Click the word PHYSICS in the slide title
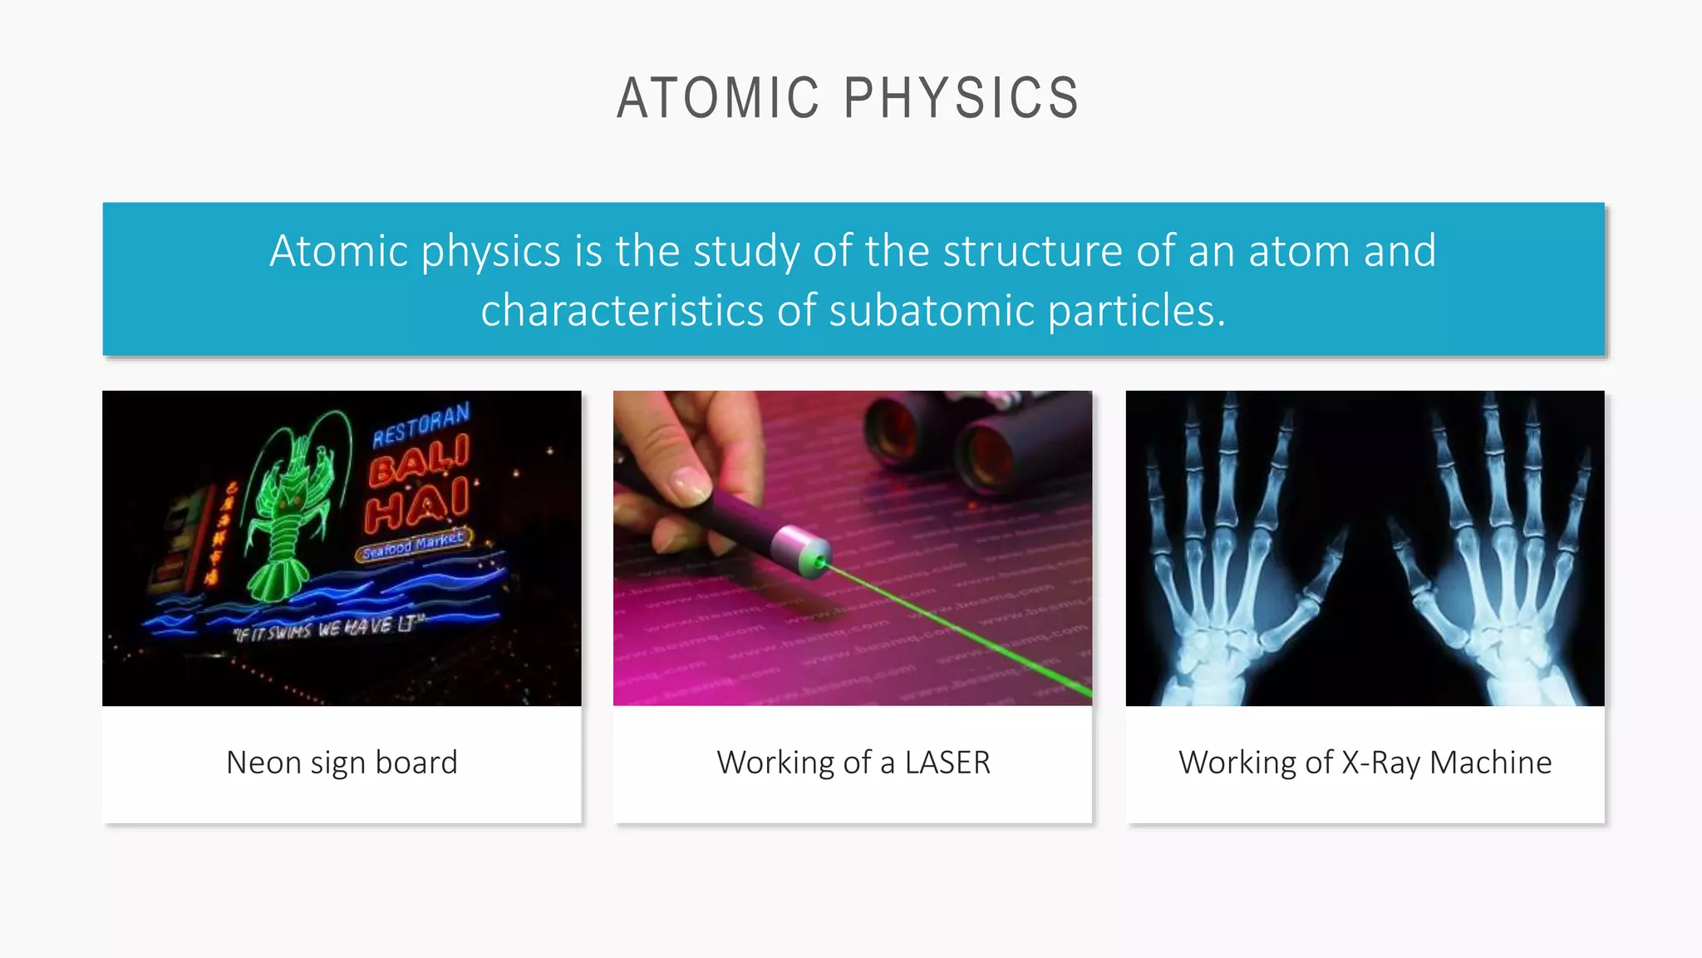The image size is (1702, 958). click(962, 98)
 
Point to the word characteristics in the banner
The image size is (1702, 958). click(622, 310)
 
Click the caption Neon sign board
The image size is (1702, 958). click(342, 763)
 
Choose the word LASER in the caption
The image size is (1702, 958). click(947, 763)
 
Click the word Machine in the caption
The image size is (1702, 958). click(1491, 763)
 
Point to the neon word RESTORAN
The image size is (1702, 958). click(421, 424)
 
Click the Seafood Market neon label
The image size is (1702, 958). click(413, 544)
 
